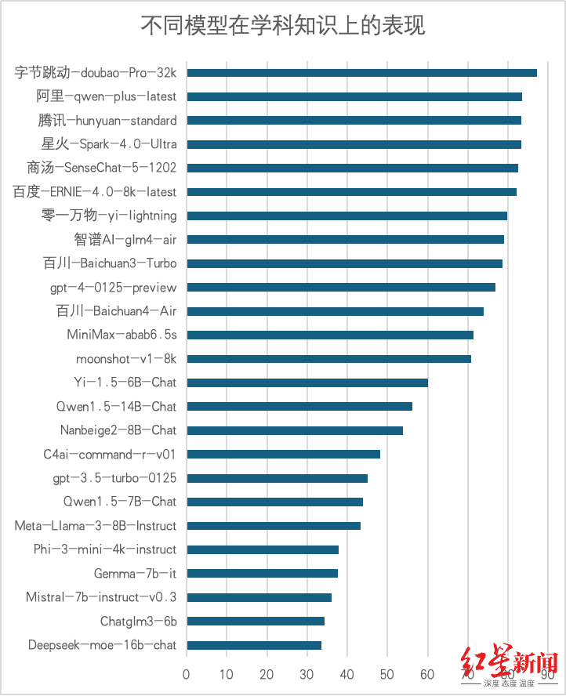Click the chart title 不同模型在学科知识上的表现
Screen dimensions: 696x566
(283, 26)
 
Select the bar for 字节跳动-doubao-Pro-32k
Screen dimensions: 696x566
(361, 73)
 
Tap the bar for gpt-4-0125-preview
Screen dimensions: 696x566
(341, 288)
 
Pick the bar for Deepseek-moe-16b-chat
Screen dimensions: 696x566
(254, 646)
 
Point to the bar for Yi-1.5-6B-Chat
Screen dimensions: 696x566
(307, 382)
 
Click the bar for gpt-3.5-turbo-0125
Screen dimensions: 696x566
(277, 478)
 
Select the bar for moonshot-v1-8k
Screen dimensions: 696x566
(328, 359)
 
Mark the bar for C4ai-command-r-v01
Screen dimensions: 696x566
(283, 454)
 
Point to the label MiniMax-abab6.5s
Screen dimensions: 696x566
(122, 335)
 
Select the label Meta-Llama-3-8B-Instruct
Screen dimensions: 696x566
(96, 526)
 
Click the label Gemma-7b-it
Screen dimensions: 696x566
(135, 574)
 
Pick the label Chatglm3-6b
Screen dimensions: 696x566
(138, 622)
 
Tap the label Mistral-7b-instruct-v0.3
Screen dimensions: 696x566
(101, 597)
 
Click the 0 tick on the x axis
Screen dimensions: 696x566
(186, 673)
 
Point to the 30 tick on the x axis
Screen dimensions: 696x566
(307, 673)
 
